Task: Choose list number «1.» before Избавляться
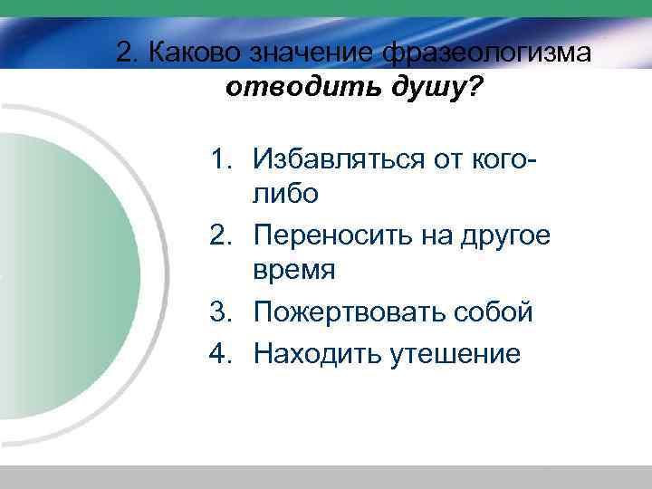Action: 225,159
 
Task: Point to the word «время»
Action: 295,271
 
